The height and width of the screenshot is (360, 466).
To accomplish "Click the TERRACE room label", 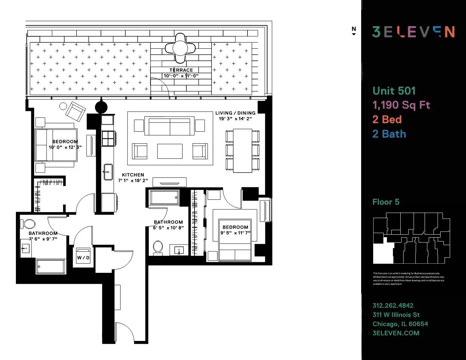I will [181, 70].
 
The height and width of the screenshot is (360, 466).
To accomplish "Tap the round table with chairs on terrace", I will [180, 47].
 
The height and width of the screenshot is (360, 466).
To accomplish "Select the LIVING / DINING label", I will [235, 113].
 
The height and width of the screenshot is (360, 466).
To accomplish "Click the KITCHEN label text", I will [133, 175].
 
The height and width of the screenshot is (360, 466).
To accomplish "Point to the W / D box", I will [83, 257].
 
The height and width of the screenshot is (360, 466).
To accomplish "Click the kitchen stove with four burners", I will [108, 138].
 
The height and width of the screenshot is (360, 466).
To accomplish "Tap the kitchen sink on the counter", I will [108, 172].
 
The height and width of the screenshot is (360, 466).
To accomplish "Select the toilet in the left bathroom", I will [29, 224].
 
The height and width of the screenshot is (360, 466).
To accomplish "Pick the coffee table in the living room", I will [170, 151].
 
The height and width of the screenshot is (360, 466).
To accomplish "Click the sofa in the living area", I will [169, 126].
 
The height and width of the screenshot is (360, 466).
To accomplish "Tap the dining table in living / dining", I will [243, 150].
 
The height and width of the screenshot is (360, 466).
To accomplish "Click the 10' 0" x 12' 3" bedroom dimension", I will [65, 147].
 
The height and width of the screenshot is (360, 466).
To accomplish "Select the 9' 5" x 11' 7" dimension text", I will [235, 233].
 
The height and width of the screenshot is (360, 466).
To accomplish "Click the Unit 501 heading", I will [394, 91].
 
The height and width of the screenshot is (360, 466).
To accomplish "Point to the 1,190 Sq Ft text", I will [401, 105].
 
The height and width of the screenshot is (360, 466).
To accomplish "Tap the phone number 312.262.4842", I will [393, 306].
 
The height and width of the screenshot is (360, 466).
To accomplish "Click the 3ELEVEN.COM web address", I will [396, 333].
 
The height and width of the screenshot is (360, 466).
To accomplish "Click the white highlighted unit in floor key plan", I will [383, 253].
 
